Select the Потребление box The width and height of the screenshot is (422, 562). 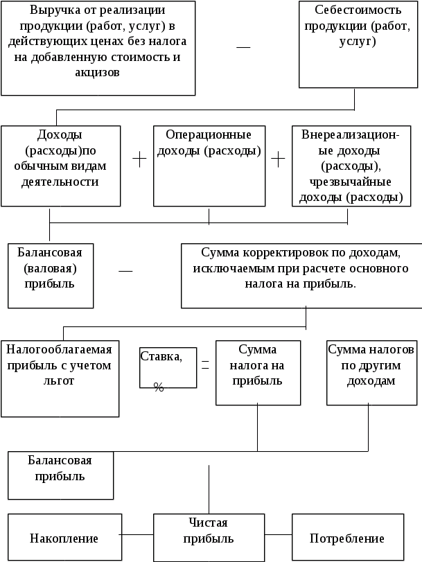click(x=347, y=538)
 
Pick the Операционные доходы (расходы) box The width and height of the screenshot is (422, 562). click(x=209, y=166)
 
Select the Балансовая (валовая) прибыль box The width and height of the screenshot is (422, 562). click(x=50, y=274)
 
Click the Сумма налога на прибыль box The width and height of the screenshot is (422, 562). click(x=257, y=372)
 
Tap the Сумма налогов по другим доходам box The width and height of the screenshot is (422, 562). click(x=371, y=372)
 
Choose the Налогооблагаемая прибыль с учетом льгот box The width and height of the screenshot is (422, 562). click(x=60, y=376)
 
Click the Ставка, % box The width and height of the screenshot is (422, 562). click(x=168, y=367)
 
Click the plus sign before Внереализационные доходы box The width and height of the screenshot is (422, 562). click(x=278, y=160)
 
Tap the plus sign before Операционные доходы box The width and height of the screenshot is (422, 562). click(x=139, y=160)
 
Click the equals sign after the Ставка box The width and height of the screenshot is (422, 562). click(x=205, y=365)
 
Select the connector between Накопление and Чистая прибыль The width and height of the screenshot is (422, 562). click(x=137, y=535)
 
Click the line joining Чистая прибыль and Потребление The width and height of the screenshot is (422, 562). click(x=278, y=535)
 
